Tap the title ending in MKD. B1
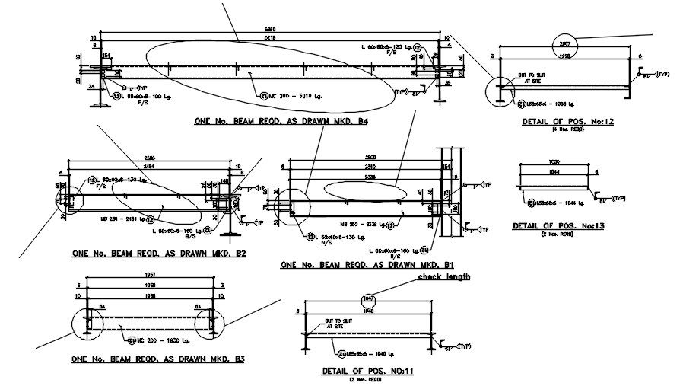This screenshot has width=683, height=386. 368,265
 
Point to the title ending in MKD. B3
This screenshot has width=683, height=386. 157,358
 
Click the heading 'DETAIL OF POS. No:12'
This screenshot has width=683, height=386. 561,122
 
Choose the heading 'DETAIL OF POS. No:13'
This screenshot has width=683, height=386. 558,226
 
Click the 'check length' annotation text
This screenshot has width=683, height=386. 444,277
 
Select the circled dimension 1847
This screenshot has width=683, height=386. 370,298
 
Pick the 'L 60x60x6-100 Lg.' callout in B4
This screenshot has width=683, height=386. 139,96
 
